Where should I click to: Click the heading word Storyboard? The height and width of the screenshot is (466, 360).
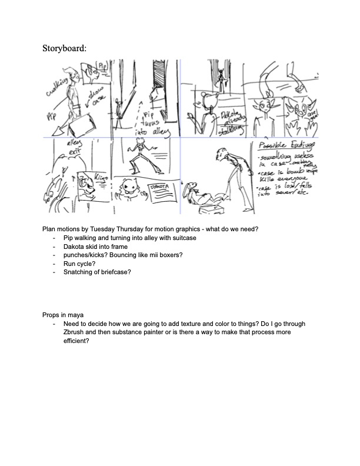64,48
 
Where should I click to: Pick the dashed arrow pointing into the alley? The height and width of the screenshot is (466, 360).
133,114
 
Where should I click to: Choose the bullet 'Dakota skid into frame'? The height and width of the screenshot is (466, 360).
95,247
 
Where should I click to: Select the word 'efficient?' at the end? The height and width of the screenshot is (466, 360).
76,341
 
